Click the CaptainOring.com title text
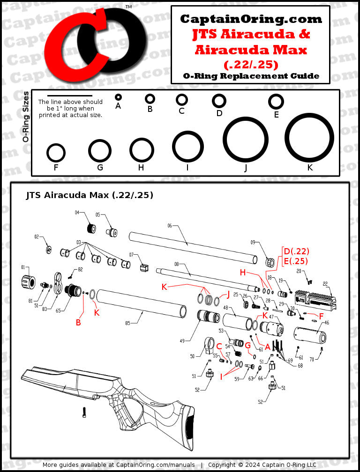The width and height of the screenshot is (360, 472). click(251, 19)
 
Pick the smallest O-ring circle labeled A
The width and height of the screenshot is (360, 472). click(118, 97)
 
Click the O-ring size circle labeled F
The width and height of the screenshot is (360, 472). click(56, 153)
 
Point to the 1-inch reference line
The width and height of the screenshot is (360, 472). click(70, 96)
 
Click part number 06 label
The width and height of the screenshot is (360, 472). click(170, 226)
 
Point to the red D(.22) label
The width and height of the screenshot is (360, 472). click(296, 251)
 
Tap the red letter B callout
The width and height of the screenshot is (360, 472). click(78, 323)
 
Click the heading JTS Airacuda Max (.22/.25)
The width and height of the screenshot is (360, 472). click(90, 195)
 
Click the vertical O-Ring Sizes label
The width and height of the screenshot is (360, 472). click(25, 117)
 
